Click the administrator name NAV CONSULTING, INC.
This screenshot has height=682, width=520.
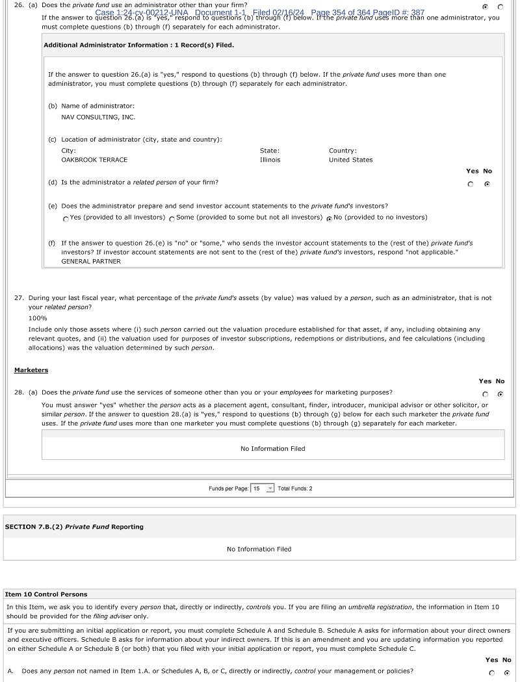(x=98, y=118)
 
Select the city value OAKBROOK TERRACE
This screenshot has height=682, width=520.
(x=94, y=160)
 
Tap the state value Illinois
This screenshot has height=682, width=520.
(x=270, y=160)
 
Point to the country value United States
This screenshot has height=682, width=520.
(x=350, y=160)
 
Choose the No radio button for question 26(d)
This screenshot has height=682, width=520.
(x=487, y=184)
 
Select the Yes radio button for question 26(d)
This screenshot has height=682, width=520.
(x=471, y=184)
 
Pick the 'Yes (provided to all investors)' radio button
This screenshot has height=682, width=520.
(x=66, y=219)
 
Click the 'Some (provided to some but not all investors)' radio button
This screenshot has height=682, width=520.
(x=172, y=219)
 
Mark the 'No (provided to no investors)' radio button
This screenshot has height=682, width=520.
(x=330, y=219)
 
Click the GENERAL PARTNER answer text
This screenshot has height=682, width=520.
(x=91, y=261)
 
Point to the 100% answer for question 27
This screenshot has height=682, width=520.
(x=38, y=318)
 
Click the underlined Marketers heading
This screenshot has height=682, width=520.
(x=31, y=370)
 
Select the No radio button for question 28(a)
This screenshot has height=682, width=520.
(x=500, y=394)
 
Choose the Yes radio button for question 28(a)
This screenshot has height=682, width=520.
(x=485, y=394)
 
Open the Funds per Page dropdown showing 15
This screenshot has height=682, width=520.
(x=263, y=488)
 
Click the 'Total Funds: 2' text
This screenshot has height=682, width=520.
(x=294, y=488)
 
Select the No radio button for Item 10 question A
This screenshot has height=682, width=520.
(x=507, y=673)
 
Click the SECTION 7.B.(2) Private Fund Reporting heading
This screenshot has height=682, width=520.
(x=74, y=527)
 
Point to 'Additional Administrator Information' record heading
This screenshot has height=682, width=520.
(x=138, y=45)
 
